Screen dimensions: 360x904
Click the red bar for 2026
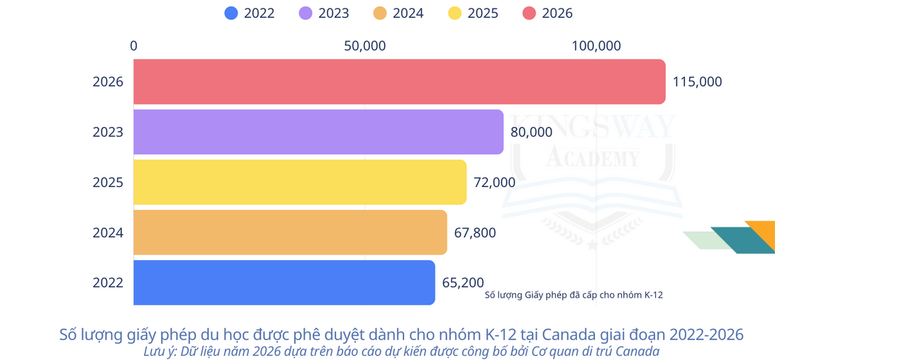tap(399, 81)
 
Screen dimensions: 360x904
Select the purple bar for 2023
tap(318, 132)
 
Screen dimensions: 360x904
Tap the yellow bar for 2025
tap(300, 182)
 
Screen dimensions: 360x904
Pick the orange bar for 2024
tap(290, 232)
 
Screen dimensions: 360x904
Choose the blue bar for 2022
tap(284, 283)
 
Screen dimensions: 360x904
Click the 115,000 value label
tap(697, 81)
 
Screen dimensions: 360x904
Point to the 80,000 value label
tap(531, 132)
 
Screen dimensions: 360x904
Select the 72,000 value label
tap(494, 182)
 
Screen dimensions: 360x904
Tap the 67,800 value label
tap(475, 232)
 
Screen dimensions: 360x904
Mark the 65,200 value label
tap(463, 283)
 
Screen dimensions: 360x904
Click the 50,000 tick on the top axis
tap(364, 46)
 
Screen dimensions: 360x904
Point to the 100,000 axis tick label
tap(596, 46)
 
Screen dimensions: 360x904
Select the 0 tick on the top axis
tap(134, 46)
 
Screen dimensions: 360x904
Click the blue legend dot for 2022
tap(231, 13)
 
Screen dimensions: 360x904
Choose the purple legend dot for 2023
tap(306, 13)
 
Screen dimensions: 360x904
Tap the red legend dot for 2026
tap(529, 13)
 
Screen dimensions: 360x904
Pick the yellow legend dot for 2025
tap(454, 13)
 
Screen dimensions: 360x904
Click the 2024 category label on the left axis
tap(108, 232)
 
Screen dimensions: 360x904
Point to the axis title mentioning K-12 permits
tap(574, 295)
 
